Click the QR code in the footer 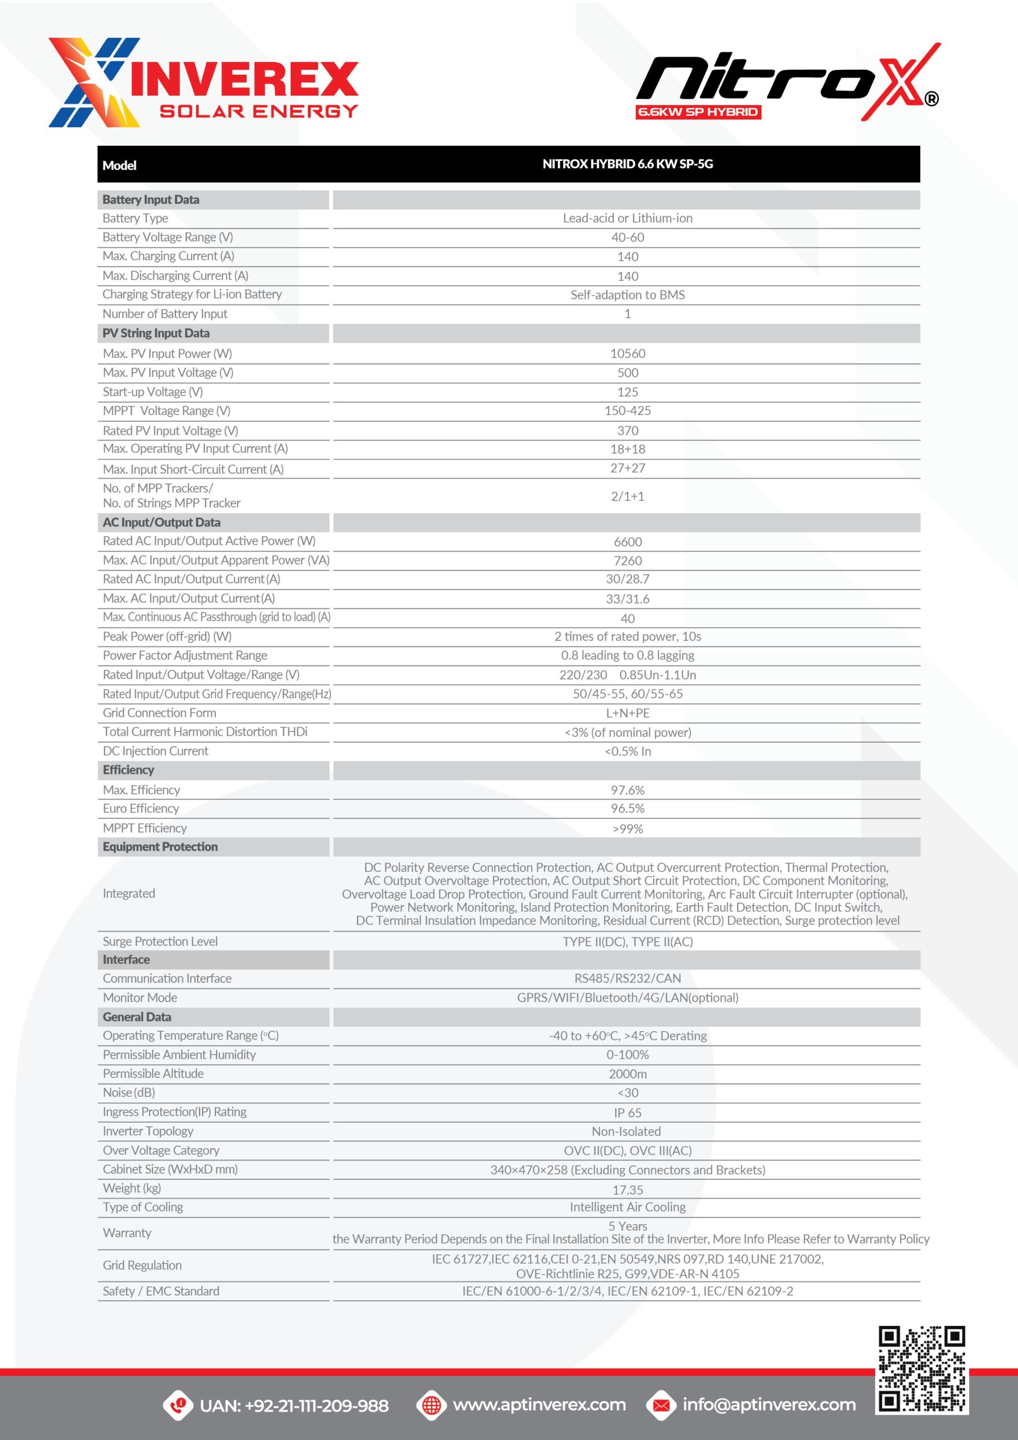(921, 1369)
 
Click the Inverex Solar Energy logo (203, 83)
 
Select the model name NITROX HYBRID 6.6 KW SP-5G (627, 164)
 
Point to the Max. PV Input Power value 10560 (627, 354)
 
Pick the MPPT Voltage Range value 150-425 (627, 411)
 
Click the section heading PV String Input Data (156, 333)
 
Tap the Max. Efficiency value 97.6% (627, 790)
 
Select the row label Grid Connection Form (159, 713)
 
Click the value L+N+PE (627, 713)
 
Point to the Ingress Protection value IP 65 (627, 1113)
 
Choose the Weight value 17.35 (627, 1190)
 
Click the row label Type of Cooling (143, 1207)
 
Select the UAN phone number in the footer (294, 1406)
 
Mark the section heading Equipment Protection (160, 847)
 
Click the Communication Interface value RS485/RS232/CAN (627, 978)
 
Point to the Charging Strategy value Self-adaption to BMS (627, 295)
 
